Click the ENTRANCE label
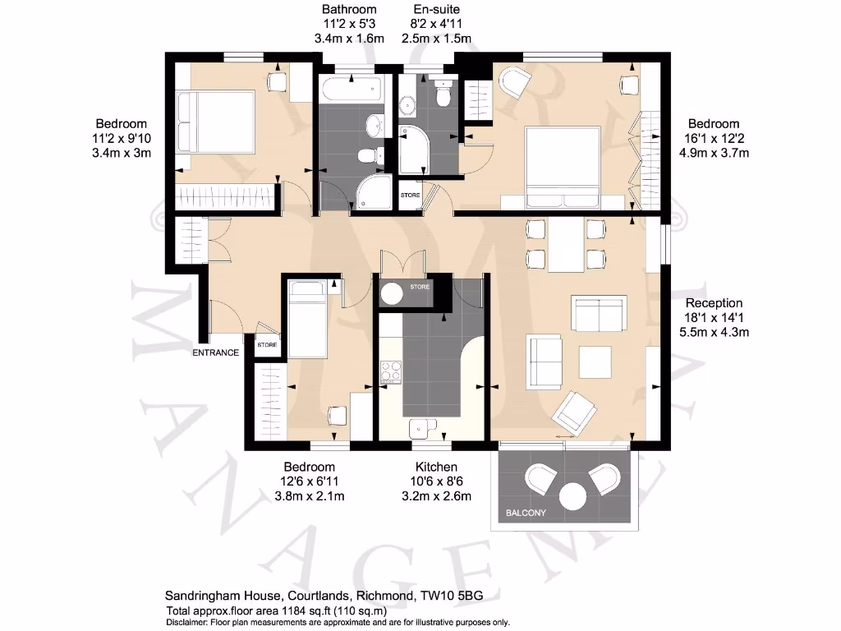(x=215, y=352)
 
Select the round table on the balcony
(x=572, y=497)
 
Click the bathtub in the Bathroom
(x=351, y=90)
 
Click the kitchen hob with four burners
(x=391, y=372)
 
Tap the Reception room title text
(x=714, y=302)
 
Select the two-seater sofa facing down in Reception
(x=599, y=312)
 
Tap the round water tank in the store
(x=392, y=292)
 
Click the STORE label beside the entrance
(x=267, y=345)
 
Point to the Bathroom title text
(x=349, y=10)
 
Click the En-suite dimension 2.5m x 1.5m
(x=436, y=39)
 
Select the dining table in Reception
(x=566, y=245)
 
